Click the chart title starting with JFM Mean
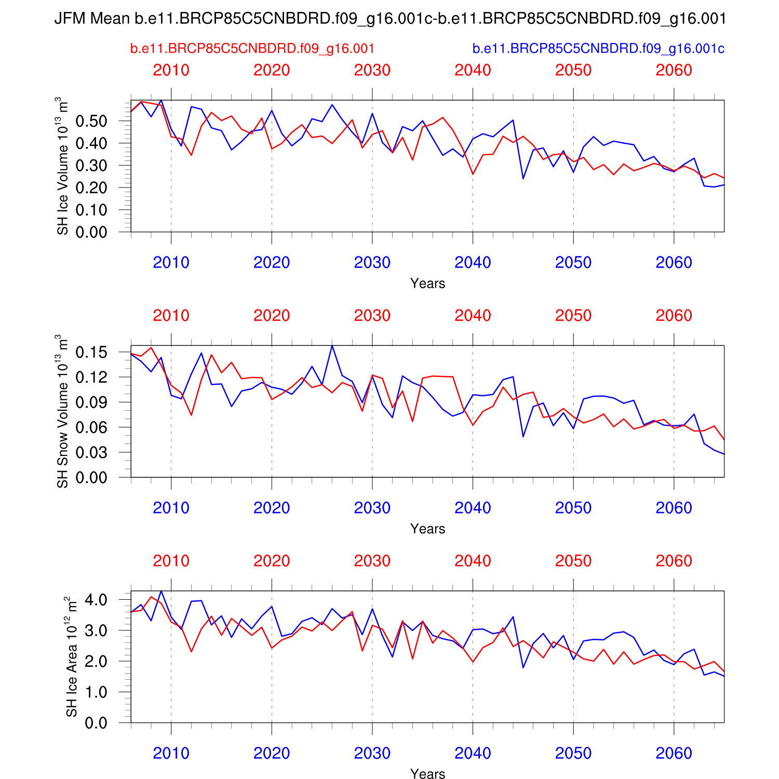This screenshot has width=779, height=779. point(389,19)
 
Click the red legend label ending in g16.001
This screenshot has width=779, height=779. point(252,49)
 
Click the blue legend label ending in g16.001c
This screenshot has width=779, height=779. point(598,49)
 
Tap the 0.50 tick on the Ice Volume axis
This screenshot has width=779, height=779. point(91,121)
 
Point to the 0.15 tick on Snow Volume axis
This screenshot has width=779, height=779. point(91,352)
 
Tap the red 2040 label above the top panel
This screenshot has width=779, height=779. point(473,70)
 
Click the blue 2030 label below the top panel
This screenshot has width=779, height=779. point(372,263)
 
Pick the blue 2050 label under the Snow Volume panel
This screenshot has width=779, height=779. point(573,508)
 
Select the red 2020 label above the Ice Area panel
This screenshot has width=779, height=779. point(272,561)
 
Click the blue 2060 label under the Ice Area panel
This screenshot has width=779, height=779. point(674,754)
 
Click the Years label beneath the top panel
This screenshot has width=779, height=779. point(427,284)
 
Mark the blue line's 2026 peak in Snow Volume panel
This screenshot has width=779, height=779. point(332,346)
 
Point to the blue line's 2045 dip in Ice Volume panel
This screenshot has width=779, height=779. point(523,179)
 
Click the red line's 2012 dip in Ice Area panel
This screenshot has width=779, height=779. point(191,651)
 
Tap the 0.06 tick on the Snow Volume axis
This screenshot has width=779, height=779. point(91,427)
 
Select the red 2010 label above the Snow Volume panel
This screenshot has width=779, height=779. point(171,316)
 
